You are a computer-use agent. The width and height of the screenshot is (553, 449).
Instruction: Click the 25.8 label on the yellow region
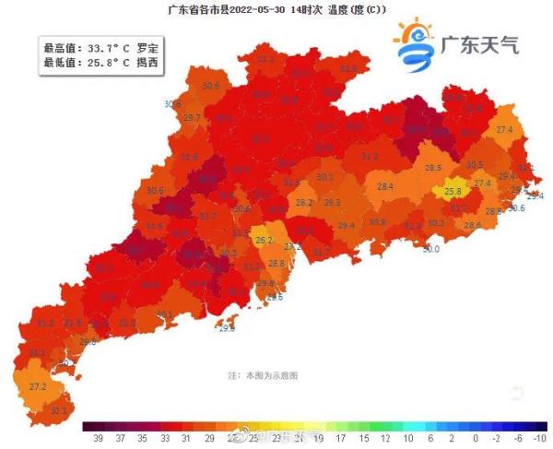click(453, 192)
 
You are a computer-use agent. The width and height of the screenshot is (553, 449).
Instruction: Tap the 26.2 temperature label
click(265, 240)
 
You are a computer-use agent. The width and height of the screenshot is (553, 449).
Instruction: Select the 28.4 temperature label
click(385, 186)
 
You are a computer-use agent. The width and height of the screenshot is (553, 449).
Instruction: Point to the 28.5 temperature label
click(433, 168)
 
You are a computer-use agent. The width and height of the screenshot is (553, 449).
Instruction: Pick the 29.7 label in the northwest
click(192, 118)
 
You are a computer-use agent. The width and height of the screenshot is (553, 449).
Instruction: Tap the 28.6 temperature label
click(472, 225)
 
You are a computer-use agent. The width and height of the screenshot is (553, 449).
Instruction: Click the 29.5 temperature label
click(332, 202)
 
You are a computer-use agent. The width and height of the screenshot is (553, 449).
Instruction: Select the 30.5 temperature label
click(475, 164)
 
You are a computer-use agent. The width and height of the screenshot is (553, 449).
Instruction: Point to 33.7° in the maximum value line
click(101, 46)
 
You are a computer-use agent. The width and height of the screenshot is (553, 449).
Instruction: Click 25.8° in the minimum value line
click(101, 61)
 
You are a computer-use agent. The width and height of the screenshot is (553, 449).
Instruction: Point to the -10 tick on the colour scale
click(539, 439)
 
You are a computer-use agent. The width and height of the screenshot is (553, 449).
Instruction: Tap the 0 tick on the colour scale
click(475, 439)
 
